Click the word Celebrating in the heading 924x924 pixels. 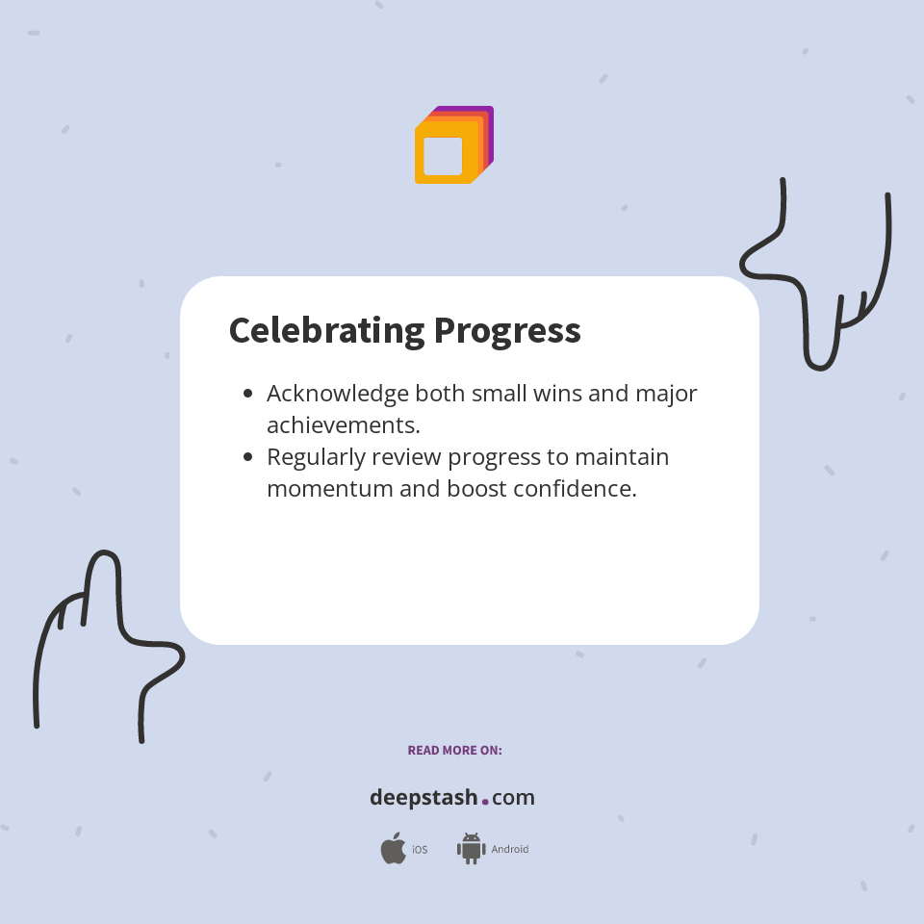[x=326, y=330]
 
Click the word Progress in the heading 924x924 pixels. [x=507, y=330]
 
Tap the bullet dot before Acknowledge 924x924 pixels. [x=248, y=394]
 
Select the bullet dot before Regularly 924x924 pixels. [x=248, y=457]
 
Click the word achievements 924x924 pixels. [x=343, y=424]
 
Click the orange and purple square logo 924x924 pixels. [x=453, y=145]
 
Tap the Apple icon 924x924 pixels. [x=393, y=849]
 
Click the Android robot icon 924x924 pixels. [x=471, y=849]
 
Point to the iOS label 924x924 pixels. [x=420, y=850]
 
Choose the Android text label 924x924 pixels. [x=510, y=850]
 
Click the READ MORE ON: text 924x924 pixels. [x=454, y=750]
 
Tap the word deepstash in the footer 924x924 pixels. [x=423, y=798]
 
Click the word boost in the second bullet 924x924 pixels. [x=475, y=488]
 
